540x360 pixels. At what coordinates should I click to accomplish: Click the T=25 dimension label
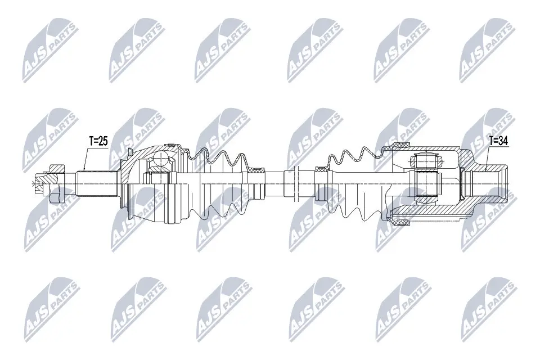[x=98, y=141]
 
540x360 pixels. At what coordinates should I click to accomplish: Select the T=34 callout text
[x=498, y=141]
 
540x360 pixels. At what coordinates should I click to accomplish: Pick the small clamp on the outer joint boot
[x=259, y=169]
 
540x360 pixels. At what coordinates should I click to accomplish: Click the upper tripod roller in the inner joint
[x=425, y=161]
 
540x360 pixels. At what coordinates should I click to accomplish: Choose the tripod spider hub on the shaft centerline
[x=425, y=183]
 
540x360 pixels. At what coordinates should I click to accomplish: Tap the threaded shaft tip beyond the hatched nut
[x=38, y=183]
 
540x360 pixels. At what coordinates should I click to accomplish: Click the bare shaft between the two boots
[x=276, y=183]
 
